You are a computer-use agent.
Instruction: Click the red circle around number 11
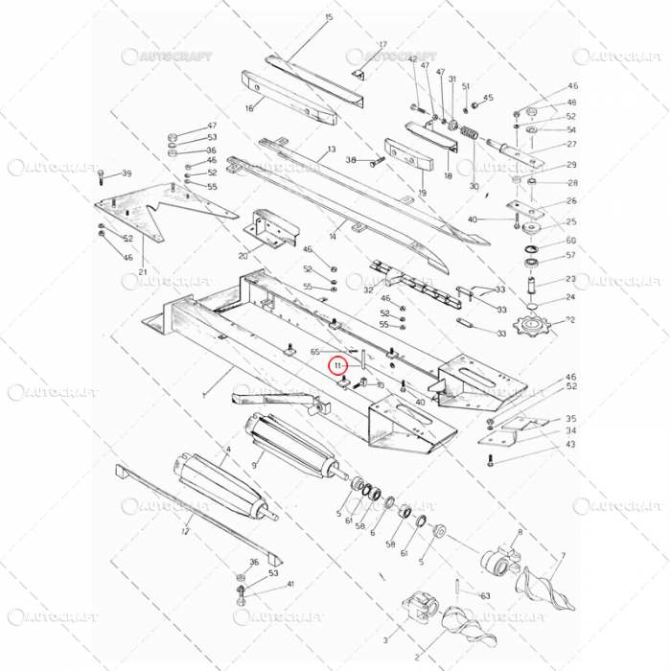(337, 365)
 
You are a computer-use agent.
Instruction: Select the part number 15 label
(329, 18)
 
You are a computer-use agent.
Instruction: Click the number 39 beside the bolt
(126, 174)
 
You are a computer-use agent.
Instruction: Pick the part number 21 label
(143, 271)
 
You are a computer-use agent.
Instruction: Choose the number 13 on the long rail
(332, 150)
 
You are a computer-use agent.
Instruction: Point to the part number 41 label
(291, 584)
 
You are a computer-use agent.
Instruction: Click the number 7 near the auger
(563, 556)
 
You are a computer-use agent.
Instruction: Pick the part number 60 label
(571, 241)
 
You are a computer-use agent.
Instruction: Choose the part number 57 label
(571, 256)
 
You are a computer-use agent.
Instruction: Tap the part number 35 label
(571, 419)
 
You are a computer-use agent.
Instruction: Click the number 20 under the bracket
(243, 257)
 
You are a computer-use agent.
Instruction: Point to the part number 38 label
(351, 159)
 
